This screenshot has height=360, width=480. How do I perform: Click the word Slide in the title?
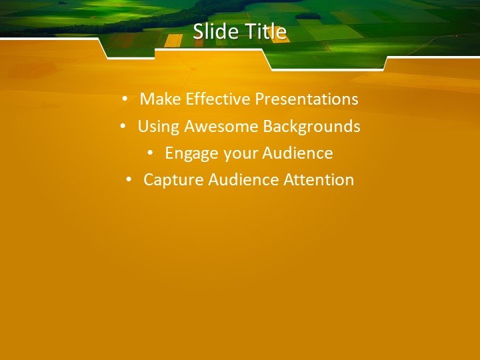pos(209,32)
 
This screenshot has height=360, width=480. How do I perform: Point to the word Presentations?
pos(307,99)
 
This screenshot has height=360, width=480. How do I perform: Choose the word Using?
pos(158,127)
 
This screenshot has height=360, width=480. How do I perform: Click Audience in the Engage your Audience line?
pos(297,153)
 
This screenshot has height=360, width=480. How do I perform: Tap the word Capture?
pos(173,180)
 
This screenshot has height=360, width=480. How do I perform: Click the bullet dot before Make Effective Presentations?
pos(125,100)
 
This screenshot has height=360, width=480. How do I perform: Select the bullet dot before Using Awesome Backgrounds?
pos(123,127)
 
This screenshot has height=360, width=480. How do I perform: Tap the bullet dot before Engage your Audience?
pos(150,153)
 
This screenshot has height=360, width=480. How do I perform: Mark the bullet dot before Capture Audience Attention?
pos(129,180)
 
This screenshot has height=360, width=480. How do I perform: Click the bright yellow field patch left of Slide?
pos(173,40)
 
